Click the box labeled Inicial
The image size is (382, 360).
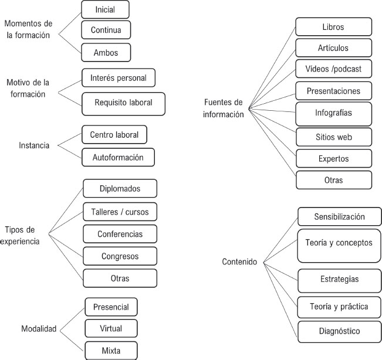104,9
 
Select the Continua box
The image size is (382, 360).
106,30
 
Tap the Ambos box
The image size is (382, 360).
106,53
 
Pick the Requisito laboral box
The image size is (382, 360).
123,103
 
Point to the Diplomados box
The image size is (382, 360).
120,189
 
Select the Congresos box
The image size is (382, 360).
120,256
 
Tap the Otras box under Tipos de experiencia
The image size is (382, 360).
120,277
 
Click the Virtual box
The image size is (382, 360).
111,328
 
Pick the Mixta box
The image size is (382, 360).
111,351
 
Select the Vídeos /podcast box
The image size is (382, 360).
333,69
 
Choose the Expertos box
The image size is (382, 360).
333,158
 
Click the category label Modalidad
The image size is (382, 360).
39,329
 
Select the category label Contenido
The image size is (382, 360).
239,261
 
